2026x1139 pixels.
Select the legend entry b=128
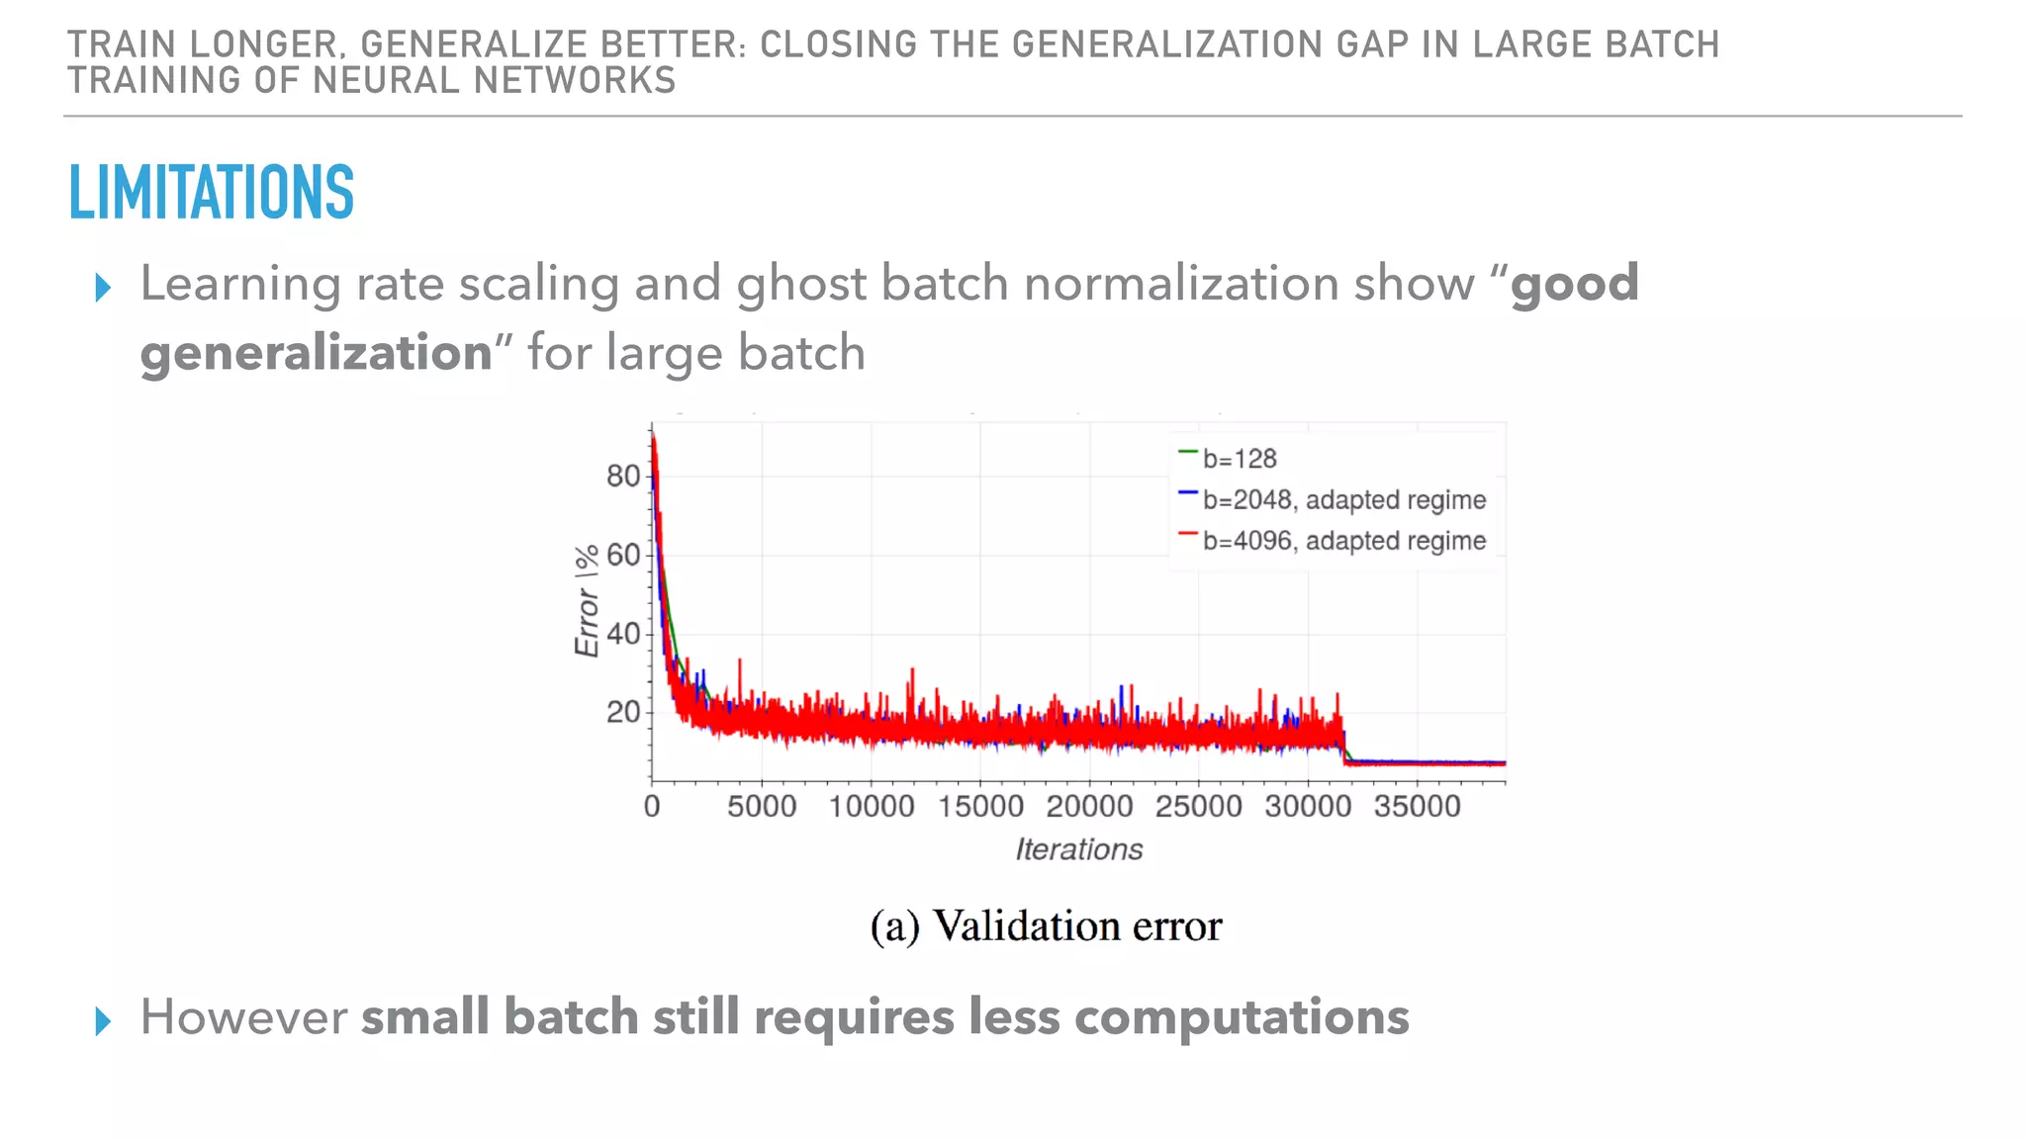(1239, 459)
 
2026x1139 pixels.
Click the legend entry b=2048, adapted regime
(1343, 500)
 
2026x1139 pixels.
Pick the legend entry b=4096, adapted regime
(1343, 541)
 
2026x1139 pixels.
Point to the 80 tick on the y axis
(623, 477)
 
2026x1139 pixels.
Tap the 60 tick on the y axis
(623, 555)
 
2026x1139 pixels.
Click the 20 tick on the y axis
(623, 712)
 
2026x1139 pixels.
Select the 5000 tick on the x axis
(762, 807)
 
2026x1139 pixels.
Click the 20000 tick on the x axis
(1089, 807)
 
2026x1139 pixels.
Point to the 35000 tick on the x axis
(1417, 807)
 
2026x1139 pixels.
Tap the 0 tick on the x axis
(652, 807)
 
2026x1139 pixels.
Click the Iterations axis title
(1078, 849)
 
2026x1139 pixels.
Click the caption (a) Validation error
(1046, 926)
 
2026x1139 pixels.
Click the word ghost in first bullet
(801, 285)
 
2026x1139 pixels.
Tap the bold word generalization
(317, 354)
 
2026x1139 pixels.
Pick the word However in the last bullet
(243, 1017)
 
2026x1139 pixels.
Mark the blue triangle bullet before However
(103, 1021)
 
